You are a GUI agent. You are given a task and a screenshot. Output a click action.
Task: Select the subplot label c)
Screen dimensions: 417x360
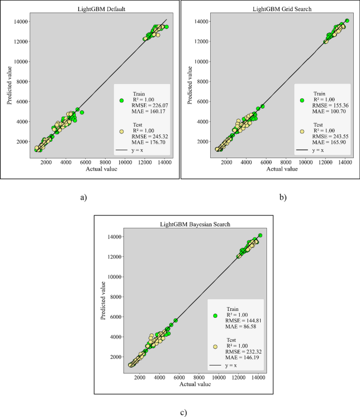coord(183,412)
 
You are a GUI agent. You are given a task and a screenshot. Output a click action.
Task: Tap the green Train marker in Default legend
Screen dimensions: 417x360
coord(121,100)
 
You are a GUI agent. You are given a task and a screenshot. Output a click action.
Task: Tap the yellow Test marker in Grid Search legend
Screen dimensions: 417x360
coord(302,133)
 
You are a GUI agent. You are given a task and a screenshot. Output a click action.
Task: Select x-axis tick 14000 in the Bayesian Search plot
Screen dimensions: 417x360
coord(258,377)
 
